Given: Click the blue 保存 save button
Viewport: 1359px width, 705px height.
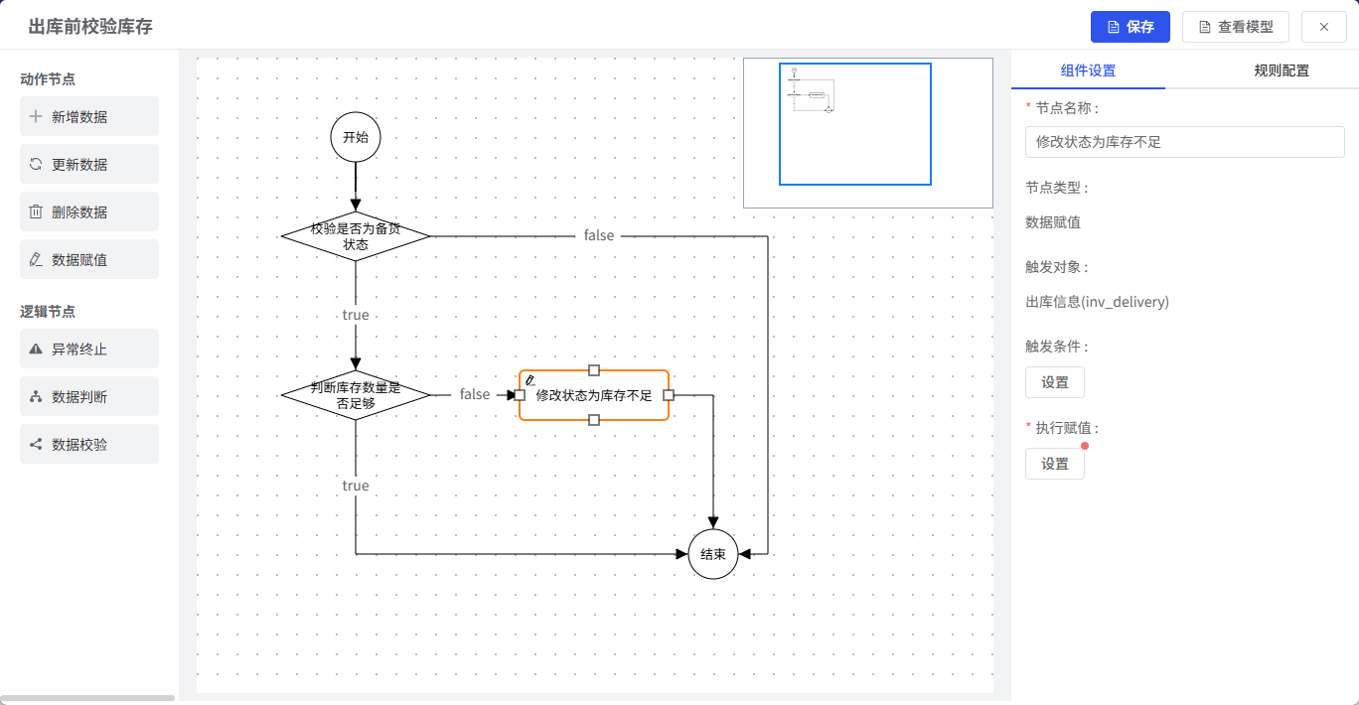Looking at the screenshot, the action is tap(1130, 27).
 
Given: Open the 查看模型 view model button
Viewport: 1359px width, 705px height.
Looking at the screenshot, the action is tap(1235, 27).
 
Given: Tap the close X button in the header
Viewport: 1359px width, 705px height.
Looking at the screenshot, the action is tap(1324, 27).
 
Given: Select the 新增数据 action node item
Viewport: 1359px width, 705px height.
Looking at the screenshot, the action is tap(89, 116).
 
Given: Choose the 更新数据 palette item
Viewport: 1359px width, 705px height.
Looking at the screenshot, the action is tap(89, 164).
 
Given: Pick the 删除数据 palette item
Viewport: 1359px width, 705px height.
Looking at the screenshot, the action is tap(89, 211).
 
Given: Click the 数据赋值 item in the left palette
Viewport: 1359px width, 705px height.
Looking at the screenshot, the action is tap(89, 259).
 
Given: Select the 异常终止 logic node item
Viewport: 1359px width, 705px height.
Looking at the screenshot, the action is tap(89, 349).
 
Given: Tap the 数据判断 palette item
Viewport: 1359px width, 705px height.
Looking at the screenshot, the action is tap(89, 396).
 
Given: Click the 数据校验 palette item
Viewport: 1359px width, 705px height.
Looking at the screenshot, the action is tap(89, 444).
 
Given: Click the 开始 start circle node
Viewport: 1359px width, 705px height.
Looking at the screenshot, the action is tap(356, 137).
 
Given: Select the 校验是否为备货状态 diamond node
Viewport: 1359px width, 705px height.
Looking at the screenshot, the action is tap(356, 236).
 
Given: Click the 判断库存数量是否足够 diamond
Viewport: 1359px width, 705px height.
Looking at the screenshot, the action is tap(356, 395).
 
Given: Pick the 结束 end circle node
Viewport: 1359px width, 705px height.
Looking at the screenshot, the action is tap(713, 554).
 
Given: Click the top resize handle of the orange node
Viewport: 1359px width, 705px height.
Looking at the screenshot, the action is tap(594, 370).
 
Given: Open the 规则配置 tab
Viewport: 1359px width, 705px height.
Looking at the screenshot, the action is tap(1282, 70).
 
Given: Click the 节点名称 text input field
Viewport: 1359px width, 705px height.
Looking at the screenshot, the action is tap(1185, 142).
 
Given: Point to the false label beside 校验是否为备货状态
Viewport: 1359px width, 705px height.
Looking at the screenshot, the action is tap(599, 235).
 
